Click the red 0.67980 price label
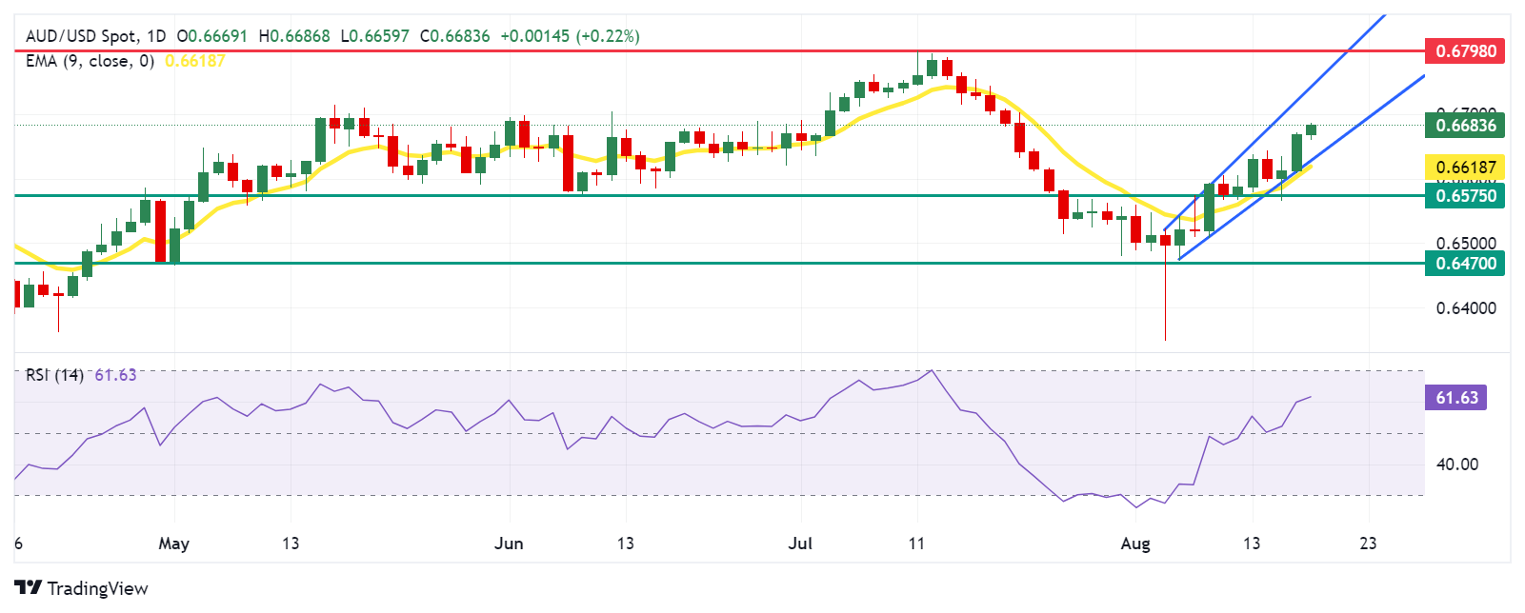click(1464, 50)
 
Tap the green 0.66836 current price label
click(1464, 125)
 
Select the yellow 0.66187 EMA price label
click(1464, 168)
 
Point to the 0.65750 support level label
click(1464, 196)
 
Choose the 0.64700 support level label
click(1464, 264)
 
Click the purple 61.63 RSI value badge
click(1455, 398)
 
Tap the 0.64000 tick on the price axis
click(1466, 308)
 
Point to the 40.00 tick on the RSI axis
click(1457, 465)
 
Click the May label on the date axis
click(173, 544)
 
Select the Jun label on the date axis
click(509, 544)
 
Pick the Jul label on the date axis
click(800, 544)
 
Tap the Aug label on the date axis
click(1135, 544)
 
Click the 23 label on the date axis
click(1368, 544)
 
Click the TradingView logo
click(81, 588)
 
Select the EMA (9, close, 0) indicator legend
click(90, 61)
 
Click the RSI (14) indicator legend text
click(54, 375)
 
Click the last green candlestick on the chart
click(1312, 130)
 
